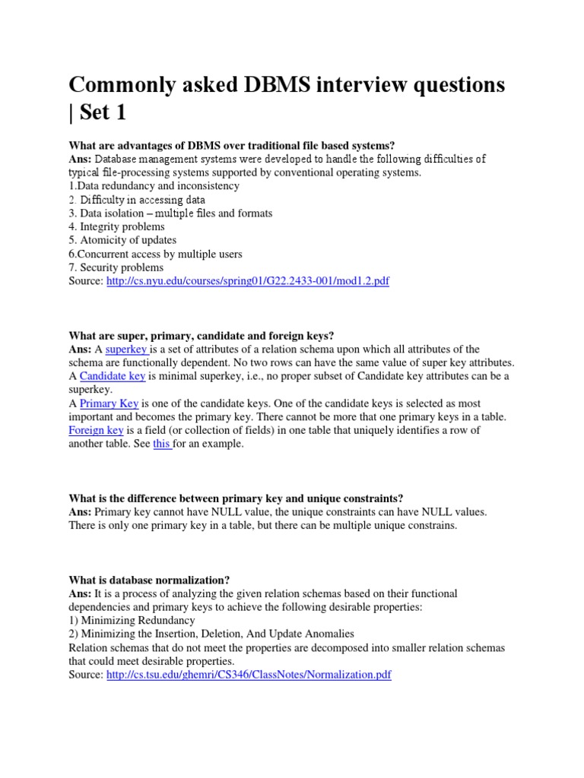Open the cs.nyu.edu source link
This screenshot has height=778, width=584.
(x=248, y=281)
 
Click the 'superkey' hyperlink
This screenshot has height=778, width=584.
(x=126, y=349)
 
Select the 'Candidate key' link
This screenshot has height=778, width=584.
(x=113, y=376)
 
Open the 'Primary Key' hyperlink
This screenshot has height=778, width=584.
(x=109, y=403)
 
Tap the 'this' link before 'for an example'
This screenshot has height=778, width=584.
(x=162, y=444)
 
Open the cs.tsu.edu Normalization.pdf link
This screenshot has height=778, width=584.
(x=249, y=675)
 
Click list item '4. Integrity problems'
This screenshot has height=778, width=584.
(x=117, y=226)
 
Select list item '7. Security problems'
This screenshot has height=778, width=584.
(x=116, y=267)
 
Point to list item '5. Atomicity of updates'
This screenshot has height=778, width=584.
(x=122, y=240)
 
